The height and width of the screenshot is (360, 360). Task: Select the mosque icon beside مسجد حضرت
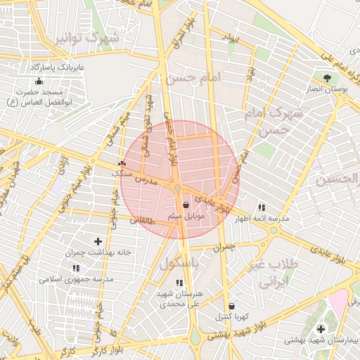(38, 82)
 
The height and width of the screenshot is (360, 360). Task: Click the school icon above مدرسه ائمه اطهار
(262, 207)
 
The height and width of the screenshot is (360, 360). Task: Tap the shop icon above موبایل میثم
(186, 205)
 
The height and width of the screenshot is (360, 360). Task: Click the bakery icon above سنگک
(122, 163)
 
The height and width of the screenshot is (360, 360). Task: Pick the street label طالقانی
(143, 220)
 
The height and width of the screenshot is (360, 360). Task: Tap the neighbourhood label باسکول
(180, 264)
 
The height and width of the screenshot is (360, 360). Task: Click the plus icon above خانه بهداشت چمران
(98, 241)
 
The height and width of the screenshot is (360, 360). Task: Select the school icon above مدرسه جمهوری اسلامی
(75, 268)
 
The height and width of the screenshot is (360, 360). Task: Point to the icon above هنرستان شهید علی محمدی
(179, 283)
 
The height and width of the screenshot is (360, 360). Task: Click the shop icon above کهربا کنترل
(232, 306)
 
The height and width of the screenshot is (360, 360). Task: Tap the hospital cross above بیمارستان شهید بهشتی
(321, 329)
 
